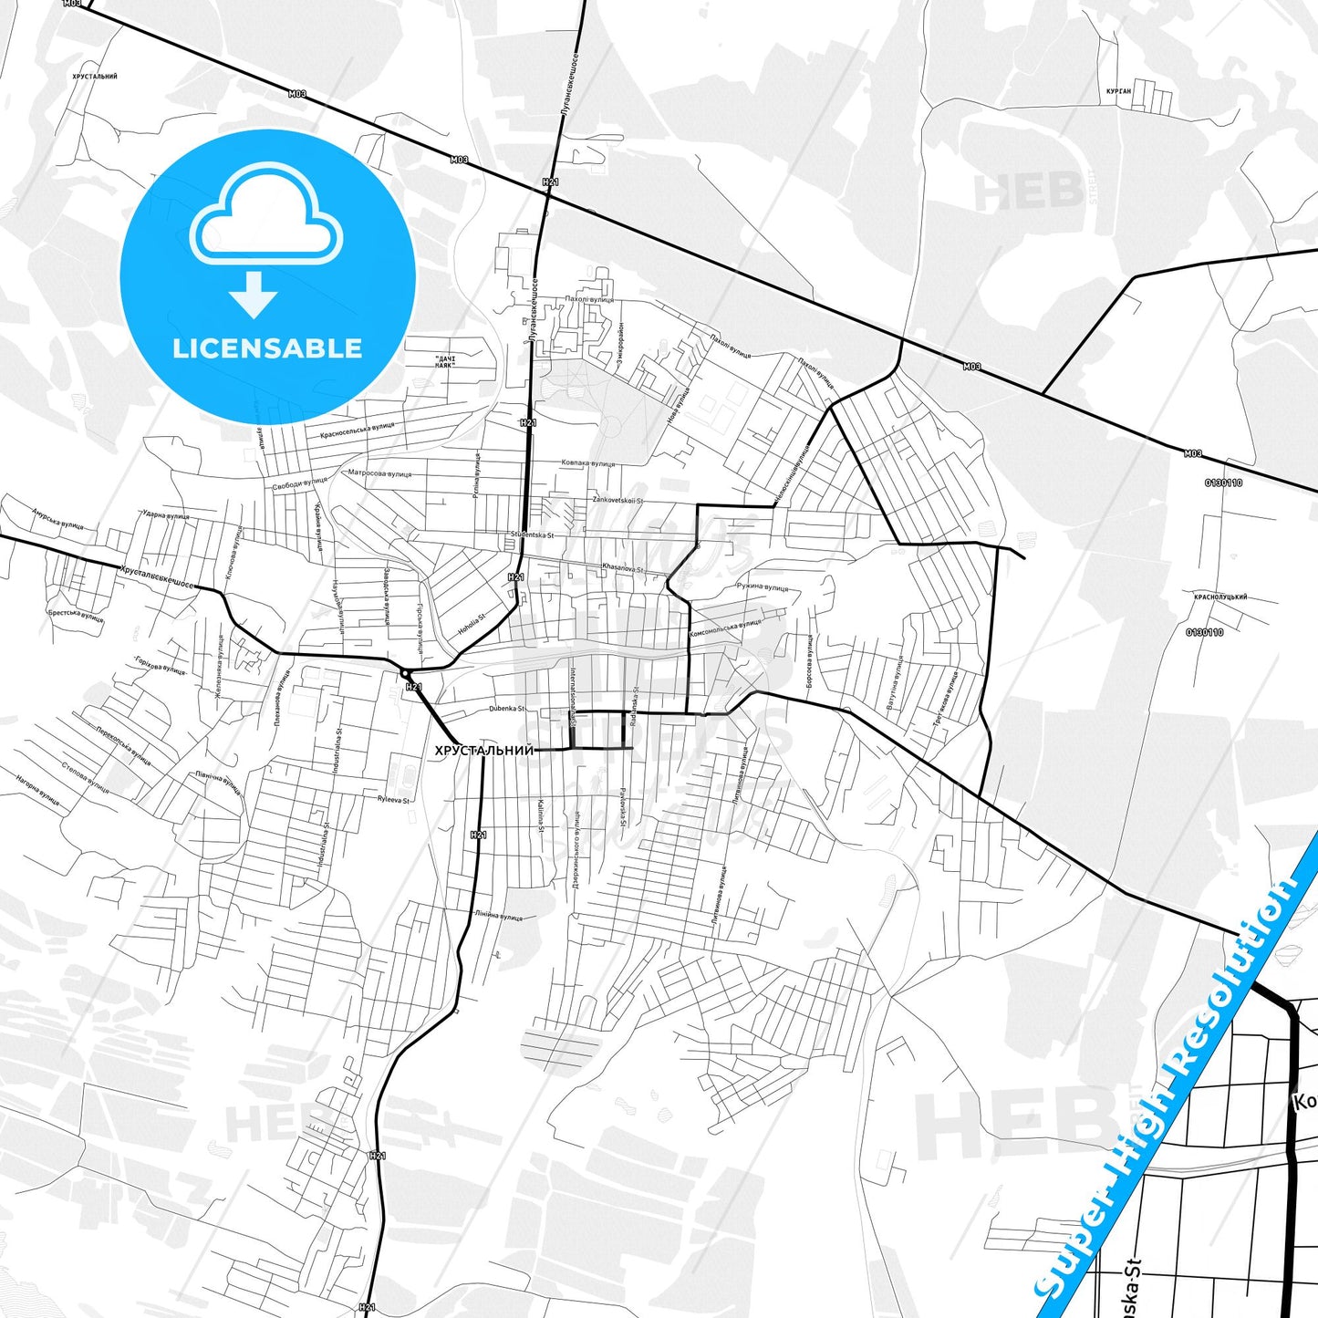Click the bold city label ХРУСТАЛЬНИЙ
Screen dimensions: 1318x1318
point(483,751)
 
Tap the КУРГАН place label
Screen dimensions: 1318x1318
point(1118,91)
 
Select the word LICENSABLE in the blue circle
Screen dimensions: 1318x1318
point(267,348)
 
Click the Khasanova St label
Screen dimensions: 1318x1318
point(622,568)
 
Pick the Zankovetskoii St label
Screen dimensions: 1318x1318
point(617,500)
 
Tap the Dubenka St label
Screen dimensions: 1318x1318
point(507,708)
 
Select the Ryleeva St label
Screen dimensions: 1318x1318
point(393,799)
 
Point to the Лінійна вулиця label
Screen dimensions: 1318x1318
point(498,915)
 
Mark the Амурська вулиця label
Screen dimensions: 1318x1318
point(57,519)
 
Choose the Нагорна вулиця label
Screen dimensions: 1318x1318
point(37,790)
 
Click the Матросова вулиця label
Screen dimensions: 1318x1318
point(379,473)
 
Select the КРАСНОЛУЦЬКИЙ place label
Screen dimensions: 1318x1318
point(1219,597)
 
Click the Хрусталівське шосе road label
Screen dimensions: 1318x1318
point(156,576)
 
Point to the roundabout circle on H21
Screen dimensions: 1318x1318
point(404,673)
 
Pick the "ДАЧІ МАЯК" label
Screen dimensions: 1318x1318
point(444,360)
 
